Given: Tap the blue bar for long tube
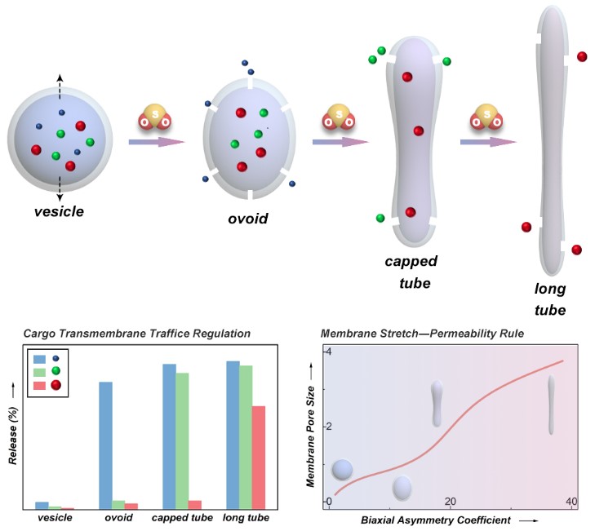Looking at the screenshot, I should (233, 435).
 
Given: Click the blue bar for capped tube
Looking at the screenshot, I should (169, 436).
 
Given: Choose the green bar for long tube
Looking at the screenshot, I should (246, 437).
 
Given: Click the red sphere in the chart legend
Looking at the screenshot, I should (56, 385).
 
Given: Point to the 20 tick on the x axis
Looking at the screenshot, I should (450, 501).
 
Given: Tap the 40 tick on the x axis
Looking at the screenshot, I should (571, 501).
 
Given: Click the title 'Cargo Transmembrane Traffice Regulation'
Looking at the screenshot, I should (136, 334).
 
